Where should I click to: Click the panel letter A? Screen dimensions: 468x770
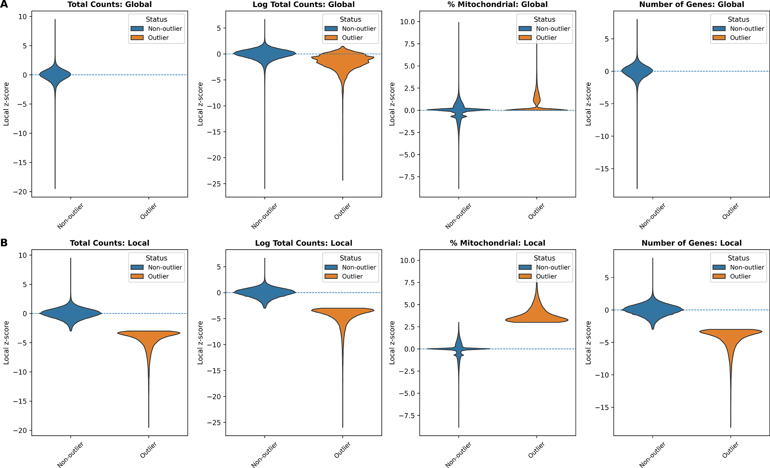4,4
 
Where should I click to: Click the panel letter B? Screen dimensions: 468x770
4,243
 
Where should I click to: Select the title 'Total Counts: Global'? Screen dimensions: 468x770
110,5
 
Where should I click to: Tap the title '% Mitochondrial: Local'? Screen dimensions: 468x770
497,243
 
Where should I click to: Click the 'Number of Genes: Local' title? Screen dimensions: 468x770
691,243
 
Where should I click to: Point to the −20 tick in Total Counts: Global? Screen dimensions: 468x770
20,192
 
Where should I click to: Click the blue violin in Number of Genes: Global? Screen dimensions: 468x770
637,72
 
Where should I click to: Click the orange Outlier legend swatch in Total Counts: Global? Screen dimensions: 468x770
137,38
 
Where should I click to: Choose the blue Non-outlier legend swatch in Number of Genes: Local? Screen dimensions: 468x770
719,267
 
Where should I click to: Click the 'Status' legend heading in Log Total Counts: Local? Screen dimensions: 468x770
350,258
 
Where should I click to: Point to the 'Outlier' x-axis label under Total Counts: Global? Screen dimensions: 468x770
148,211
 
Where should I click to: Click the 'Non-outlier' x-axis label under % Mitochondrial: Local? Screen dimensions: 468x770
458,455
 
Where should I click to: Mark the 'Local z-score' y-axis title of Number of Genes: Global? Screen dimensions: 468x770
588,104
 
